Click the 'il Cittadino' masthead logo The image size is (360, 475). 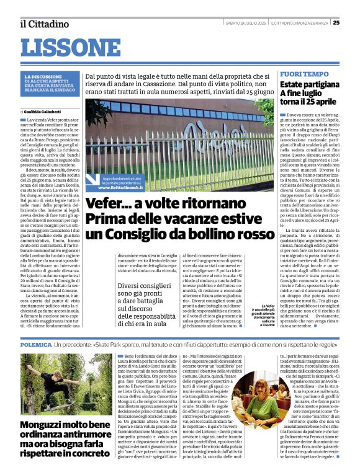[x=44, y=24]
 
